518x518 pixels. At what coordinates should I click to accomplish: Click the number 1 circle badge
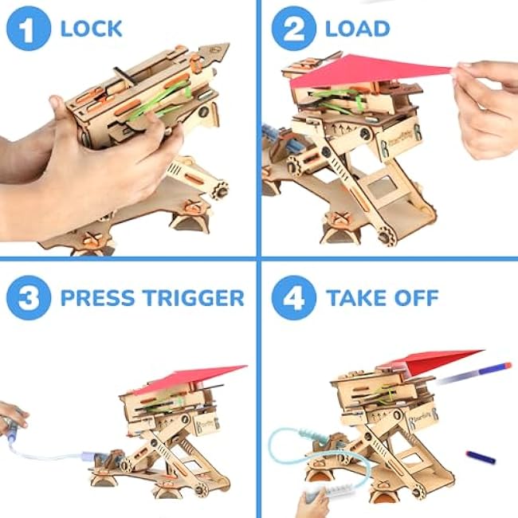(x=29, y=29)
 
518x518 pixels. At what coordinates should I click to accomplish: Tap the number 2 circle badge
(x=294, y=29)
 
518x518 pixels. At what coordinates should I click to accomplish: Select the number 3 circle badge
(x=29, y=298)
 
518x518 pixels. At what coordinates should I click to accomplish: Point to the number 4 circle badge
(x=294, y=298)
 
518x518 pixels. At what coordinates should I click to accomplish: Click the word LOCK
(x=92, y=29)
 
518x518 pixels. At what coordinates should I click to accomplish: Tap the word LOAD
(x=358, y=29)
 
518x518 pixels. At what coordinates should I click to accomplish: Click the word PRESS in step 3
(x=98, y=298)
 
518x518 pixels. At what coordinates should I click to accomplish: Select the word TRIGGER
(x=194, y=298)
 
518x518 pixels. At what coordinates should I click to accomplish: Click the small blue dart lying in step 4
(x=481, y=457)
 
